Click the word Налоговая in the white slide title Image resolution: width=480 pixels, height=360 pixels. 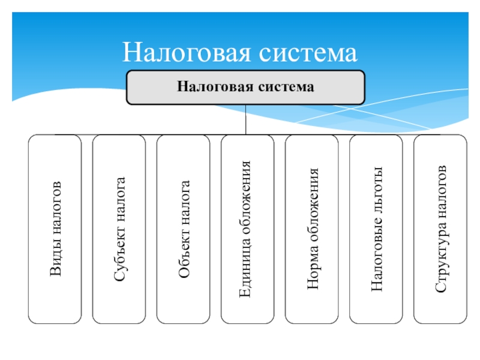[187, 52]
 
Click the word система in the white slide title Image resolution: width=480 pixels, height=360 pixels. [308, 53]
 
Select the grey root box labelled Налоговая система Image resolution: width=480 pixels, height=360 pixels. [245, 88]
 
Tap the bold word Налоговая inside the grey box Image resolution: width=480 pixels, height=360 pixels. [215, 86]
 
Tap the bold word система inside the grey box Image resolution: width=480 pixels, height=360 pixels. [286, 87]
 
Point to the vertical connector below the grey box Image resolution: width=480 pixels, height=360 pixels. [246, 119]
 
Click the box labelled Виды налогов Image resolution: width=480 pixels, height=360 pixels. [55, 229]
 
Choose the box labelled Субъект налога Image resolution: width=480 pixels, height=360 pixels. [119, 229]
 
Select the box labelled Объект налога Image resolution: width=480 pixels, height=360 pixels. [184, 229]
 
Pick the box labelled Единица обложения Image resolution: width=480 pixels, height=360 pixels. [248, 229]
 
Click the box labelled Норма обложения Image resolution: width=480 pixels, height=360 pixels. [312, 229]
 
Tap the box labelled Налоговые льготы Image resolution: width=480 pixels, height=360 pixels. [376, 229]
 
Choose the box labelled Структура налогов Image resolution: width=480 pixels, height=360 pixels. [440, 229]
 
